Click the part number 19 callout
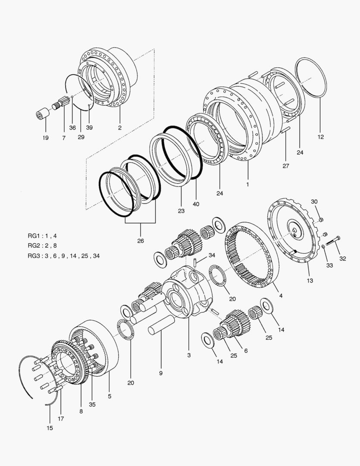(x=46, y=138)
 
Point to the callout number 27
(x=286, y=166)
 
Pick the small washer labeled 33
(x=323, y=246)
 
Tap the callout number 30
(x=314, y=202)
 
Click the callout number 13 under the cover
(x=310, y=280)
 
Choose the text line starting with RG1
(x=42, y=236)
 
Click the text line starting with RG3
(x=63, y=256)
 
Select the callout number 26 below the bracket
(x=141, y=240)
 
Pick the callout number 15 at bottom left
(x=50, y=428)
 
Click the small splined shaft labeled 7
(x=60, y=104)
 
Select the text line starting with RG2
(x=42, y=246)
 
